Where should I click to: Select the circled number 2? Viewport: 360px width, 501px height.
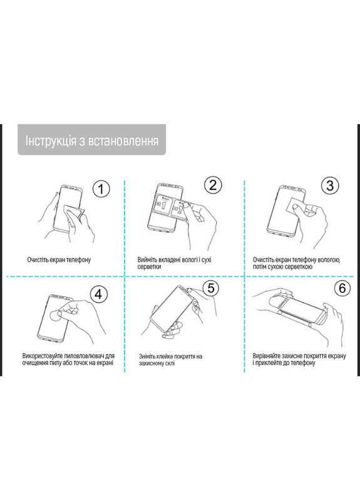pyautogui.click(x=213, y=185)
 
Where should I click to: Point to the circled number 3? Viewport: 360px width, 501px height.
pyautogui.click(x=329, y=186)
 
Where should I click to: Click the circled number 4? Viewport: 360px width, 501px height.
pyautogui.click(x=100, y=293)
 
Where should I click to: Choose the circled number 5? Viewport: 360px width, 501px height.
pyautogui.click(x=212, y=287)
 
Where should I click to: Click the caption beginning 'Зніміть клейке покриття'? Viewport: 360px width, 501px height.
pyautogui.click(x=170, y=360)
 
